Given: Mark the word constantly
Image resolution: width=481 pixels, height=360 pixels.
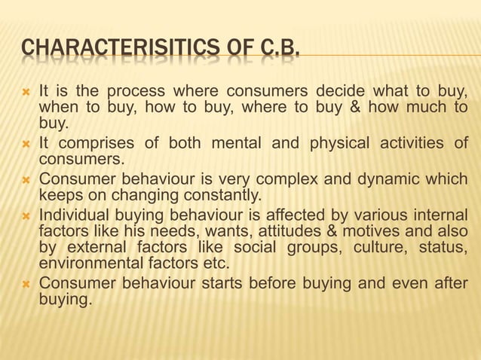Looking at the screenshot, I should coord(221,197).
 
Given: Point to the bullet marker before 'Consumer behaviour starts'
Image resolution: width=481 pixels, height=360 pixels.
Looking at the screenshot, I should coord(26,284).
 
